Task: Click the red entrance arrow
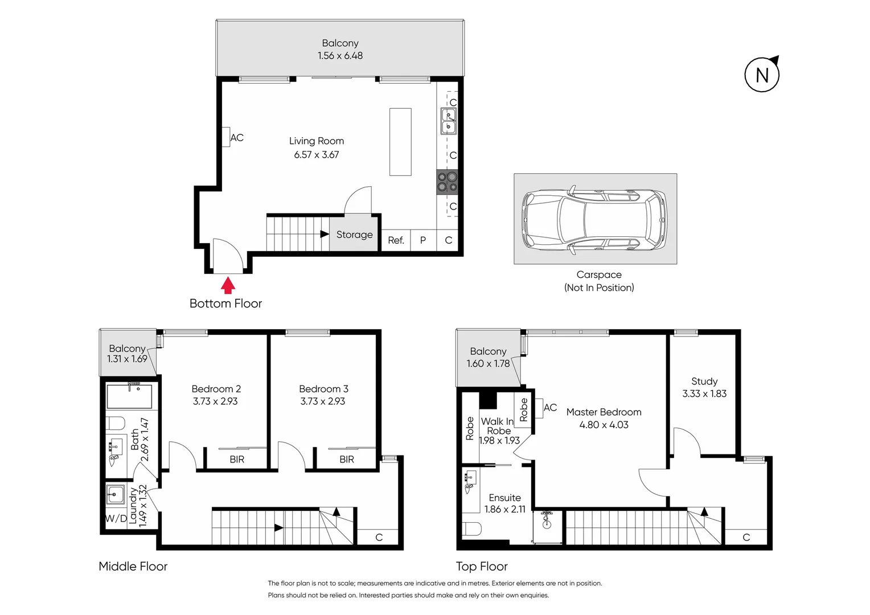(x=228, y=284)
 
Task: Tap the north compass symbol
(x=762, y=75)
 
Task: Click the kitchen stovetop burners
(x=447, y=182)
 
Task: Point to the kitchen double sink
(x=448, y=120)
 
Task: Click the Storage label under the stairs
(x=354, y=235)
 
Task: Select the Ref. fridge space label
(x=396, y=240)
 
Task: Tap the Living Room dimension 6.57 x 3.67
(x=317, y=154)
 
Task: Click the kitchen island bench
(x=400, y=142)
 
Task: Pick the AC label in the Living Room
(x=237, y=138)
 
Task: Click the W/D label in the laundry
(x=116, y=518)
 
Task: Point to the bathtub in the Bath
(x=129, y=396)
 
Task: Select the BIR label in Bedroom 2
(x=237, y=460)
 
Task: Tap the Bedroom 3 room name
(x=323, y=389)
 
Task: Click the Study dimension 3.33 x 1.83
(x=704, y=393)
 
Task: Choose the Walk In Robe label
(x=498, y=426)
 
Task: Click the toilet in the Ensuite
(x=472, y=529)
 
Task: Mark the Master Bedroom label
(x=604, y=412)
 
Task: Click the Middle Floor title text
(x=133, y=566)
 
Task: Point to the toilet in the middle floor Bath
(x=116, y=423)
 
